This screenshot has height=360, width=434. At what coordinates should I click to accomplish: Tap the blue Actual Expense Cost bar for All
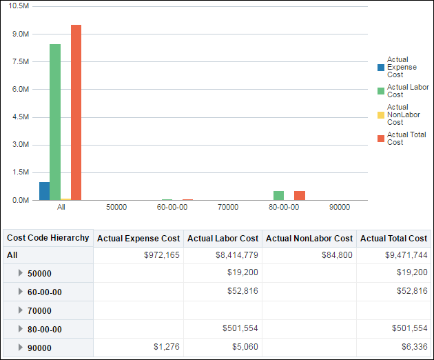(44, 191)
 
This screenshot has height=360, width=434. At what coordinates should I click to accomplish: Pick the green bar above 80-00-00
(278, 195)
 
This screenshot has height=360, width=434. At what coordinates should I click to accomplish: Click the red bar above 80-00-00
(300, 195)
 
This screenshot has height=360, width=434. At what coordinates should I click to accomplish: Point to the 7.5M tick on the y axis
(19, 62)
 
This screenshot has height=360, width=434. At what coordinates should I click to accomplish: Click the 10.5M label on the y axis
(17, 6)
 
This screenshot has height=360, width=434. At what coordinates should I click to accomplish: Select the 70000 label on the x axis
(228, 207)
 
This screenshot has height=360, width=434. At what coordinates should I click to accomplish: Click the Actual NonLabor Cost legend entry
(403, 114)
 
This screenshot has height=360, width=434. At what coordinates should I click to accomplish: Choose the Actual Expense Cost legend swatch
(381, 68)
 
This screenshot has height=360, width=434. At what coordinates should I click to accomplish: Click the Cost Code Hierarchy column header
(48, 238)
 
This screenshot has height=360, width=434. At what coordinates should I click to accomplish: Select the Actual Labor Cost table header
(223, 239)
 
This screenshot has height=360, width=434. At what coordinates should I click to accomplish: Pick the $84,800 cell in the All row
(338, 255)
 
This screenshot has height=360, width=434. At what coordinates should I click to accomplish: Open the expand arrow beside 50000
(21, 273)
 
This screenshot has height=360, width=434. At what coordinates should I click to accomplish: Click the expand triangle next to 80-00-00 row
(21, 329)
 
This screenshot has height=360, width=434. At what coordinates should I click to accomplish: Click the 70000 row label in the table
(39, 310)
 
